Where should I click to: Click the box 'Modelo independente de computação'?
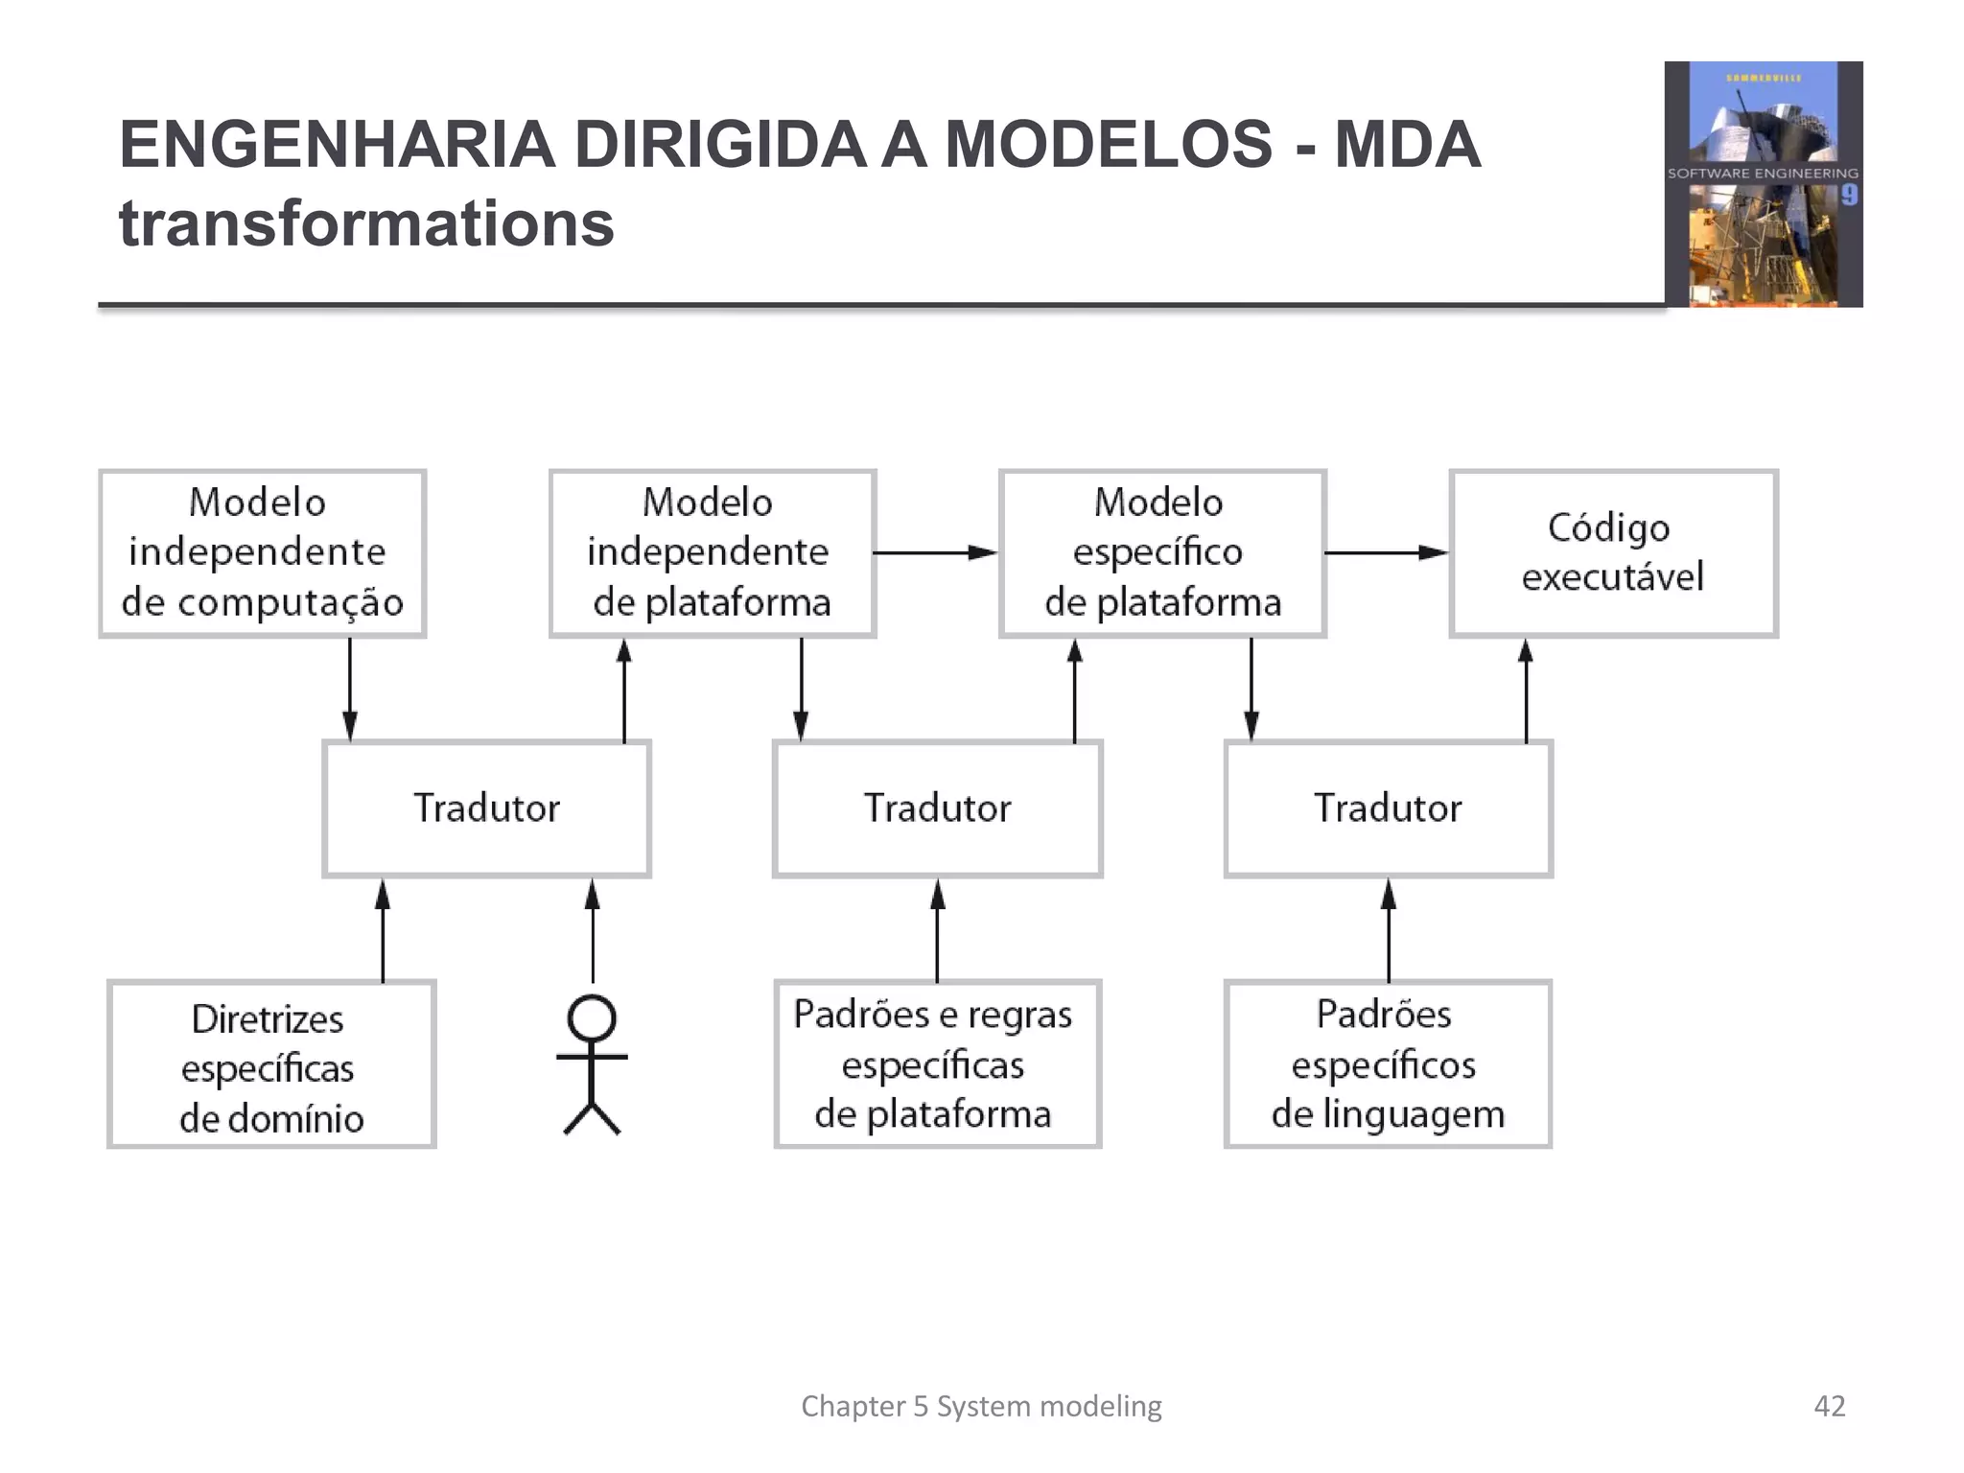(x=262, y=553)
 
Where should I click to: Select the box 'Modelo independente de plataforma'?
(x=712, y=553)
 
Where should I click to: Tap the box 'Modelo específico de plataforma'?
(x=1162, y=553)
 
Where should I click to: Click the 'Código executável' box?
(x=1613, y=553)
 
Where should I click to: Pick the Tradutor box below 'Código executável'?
(x=1388, y=808)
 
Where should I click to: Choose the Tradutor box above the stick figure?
(x=486, y=808)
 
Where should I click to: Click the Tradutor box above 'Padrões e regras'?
(x=937, y=808)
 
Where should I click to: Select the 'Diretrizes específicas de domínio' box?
(x=271, y=1064)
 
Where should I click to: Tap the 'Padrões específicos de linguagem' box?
(x=1388, y=1064)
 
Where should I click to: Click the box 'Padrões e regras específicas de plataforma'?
(x=937, y=1064)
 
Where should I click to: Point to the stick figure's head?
(x=592, y=1018)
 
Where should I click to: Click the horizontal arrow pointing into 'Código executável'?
(x=1386, y=553)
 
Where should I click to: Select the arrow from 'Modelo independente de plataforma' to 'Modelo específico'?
(x=935, y=553)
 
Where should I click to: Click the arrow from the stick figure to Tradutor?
(x=593, y=930)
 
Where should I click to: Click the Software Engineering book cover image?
(x=1763, y=184)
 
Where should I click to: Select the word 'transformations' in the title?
(x=366, y=223)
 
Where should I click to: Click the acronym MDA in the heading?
(x=1408, y=145)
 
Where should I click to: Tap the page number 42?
(x=1829, y=1406)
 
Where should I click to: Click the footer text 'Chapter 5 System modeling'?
(x=981, y=1406)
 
